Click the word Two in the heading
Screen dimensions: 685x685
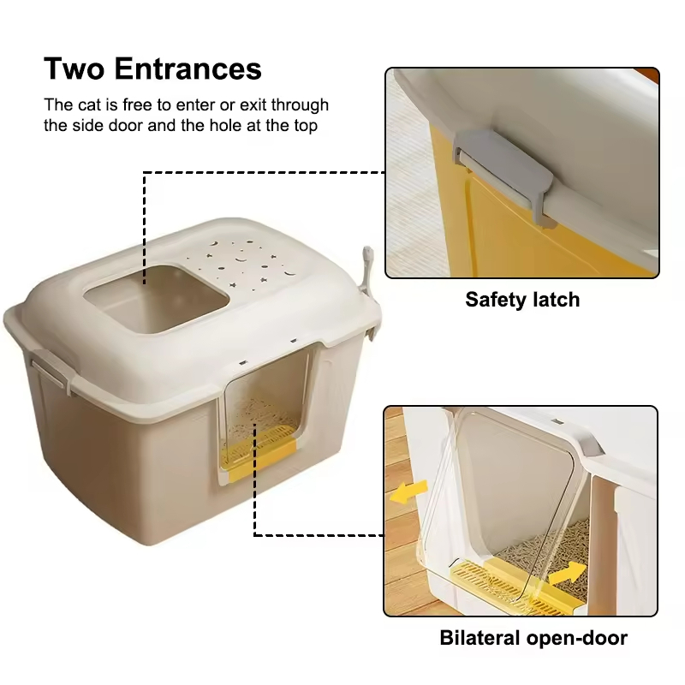(74, 68)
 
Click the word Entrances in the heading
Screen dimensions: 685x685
(188, 68)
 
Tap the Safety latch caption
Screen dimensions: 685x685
(522, 300)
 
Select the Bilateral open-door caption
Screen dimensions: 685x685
(533, 638)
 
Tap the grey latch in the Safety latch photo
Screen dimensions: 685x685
(503, 175)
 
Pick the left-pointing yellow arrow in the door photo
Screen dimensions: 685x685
(408, 491)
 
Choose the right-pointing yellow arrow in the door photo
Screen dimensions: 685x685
(568, 573)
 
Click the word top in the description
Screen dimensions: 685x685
(306, 127)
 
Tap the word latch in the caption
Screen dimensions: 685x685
(555, 300)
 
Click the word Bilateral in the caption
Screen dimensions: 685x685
(480, 638)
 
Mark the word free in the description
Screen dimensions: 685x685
(138, 105)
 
